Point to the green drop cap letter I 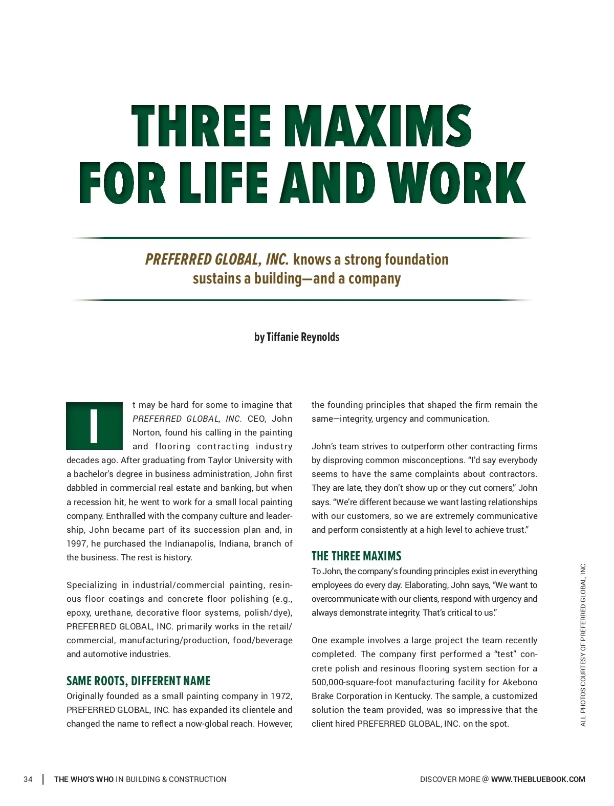click(94, 426)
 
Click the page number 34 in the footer click(28, 779)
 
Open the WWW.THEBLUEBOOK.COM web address click(538, 779)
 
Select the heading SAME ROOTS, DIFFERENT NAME click(138, 681)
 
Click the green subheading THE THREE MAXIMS click(356, 556)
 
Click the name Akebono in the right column click(519, 682)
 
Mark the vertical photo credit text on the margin click(583, 644)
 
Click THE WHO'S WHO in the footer click(84, 779)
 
